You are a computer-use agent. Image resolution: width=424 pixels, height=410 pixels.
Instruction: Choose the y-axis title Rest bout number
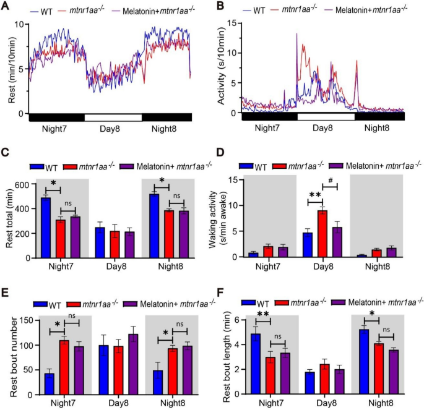point(8,356)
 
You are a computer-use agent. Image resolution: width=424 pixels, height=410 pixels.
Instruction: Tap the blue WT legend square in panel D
point(248,166)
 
